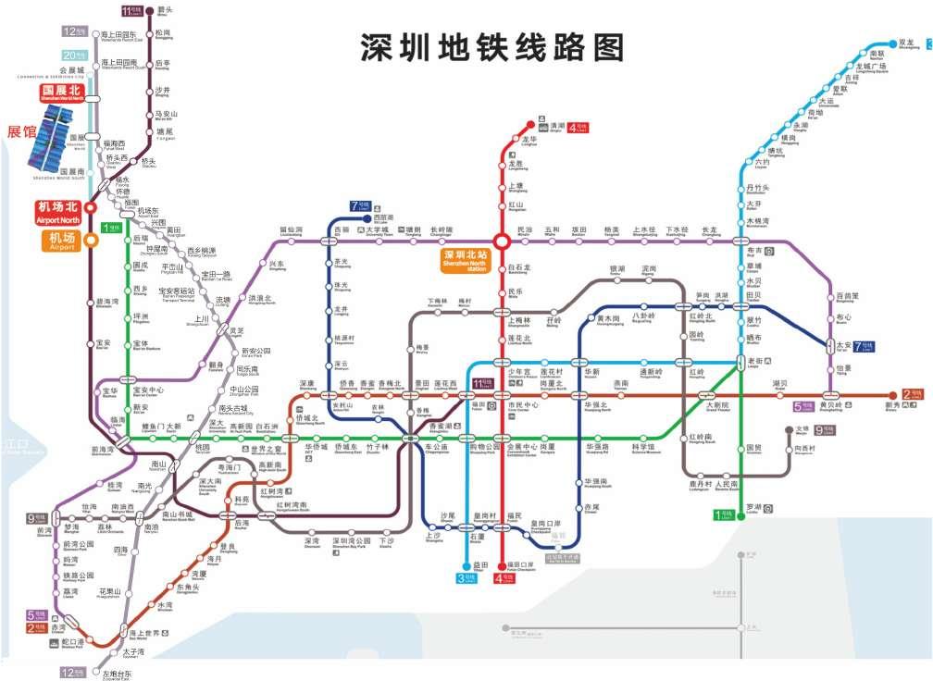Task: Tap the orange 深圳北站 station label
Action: tap(465, 259)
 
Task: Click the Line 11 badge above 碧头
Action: tap(132, 11)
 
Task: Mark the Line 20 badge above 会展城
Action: tap(74, 56)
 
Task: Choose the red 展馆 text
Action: tap(19, 132)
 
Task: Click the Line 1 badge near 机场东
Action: tap(112, 228)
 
